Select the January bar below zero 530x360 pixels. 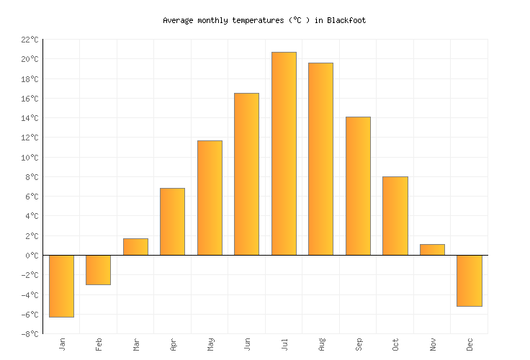click(61, 286)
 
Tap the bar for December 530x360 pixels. click(469, 281)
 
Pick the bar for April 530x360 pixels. click(172, 222)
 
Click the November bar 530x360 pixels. click(432, 250)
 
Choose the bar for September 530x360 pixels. click(358, 186)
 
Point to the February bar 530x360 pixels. click(98, 270)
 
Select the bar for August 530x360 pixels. click(320, 159)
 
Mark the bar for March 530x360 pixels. click(135, 247)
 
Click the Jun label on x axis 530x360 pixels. click(247, 345)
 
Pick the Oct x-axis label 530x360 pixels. click(395, 345)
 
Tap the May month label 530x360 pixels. click(210, 345)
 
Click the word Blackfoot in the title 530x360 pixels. click(346, 21)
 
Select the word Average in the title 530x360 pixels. click(177, 21)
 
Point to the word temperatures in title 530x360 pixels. click(240, 21)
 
